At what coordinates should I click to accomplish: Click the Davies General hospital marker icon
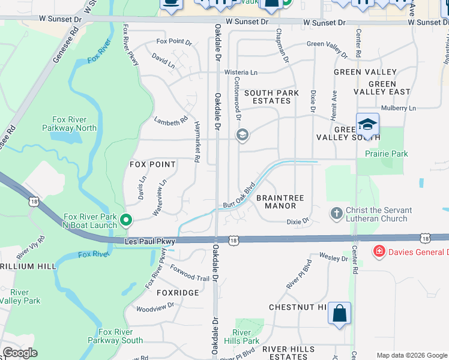(379, 251)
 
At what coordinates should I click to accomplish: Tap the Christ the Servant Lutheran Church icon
(337, 213)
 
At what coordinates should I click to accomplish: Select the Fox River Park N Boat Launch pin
(126, 220)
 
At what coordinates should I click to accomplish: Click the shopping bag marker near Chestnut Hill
(339, 313)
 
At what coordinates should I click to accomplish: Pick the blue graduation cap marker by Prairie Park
(367, 125)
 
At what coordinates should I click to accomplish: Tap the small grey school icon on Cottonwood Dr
(243, 135)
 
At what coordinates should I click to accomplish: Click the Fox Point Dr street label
(173, 42)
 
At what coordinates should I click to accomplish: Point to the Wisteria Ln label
(241, 72)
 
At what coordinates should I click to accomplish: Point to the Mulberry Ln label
(398, 108)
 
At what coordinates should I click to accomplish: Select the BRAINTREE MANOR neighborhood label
(280, 202)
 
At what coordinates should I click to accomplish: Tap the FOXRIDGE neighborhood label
(178, 292)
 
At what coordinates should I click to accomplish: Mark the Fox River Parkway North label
(69, 123)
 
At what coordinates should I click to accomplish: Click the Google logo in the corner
(20, 353)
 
